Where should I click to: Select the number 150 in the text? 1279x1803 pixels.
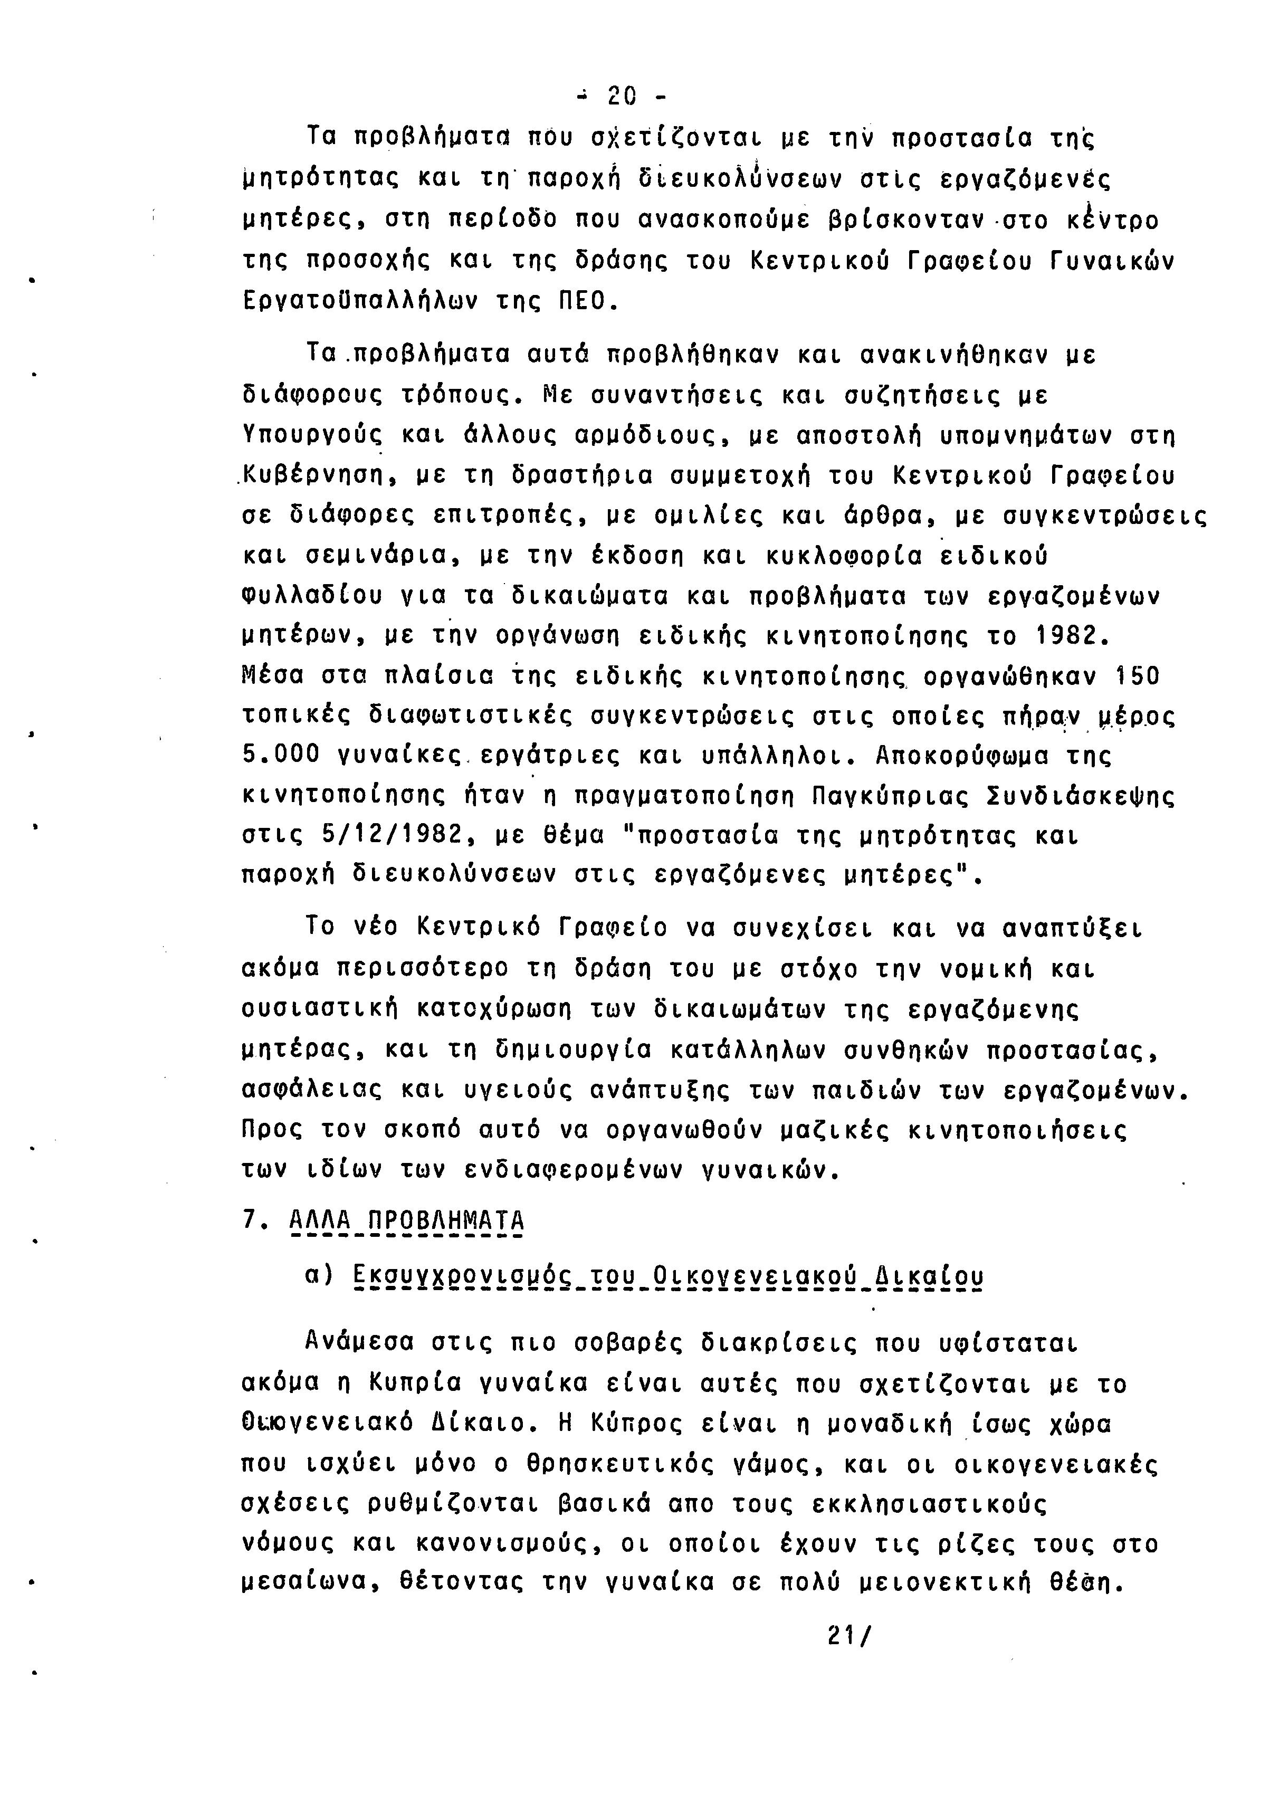[x=1138, y=676]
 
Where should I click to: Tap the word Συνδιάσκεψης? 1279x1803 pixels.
[x=1081, y=796]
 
